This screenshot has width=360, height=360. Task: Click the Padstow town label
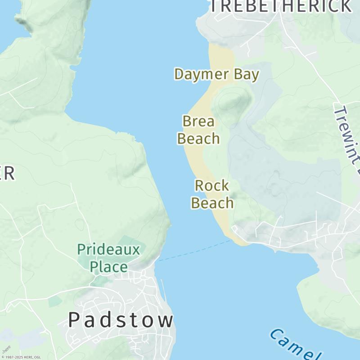coord(121,320)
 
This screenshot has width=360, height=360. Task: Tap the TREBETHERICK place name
coord(281,6)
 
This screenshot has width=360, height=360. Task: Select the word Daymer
coord(202,74)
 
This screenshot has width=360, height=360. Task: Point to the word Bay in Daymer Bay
coord(247,74)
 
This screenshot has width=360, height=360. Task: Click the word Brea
coord(198,121)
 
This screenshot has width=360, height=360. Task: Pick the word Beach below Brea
coord(198,139)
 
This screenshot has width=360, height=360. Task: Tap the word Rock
coord(212,185)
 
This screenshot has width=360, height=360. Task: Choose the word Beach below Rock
coord(212,203)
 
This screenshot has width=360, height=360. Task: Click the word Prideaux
coord(108,249)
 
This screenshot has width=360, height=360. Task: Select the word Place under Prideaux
coord(108,267)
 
